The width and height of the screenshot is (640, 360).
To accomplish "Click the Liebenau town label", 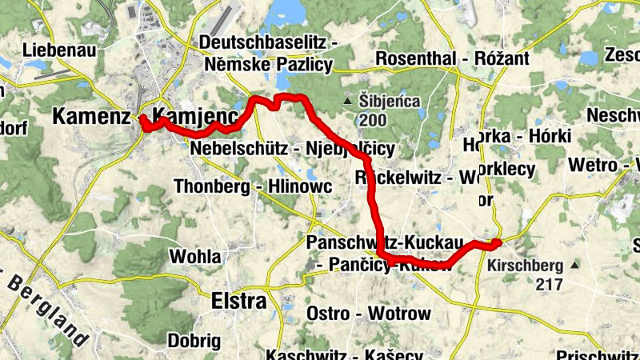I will (x=60, y=50).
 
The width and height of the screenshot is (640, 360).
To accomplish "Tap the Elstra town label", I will (x=238, y=302).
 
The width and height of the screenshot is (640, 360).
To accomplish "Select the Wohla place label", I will (x=195, y=257).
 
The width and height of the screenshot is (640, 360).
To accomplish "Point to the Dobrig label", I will (x=190, y=340).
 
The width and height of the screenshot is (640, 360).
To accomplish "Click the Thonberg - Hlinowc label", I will (x=247, y=186).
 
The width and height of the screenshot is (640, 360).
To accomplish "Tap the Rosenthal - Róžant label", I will (x=452, y=59).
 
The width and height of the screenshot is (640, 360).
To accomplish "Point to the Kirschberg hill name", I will (x=525, y=265).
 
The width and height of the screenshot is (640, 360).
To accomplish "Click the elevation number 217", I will (x=550, y=284).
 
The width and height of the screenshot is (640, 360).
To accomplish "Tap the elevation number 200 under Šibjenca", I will (x=373, y=121).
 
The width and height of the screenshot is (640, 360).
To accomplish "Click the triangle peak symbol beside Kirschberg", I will (x=574, y=265).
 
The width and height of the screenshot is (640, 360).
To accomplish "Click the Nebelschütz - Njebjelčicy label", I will (x=293, y=149).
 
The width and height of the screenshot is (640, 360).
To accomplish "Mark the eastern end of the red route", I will (x=497, y=242).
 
